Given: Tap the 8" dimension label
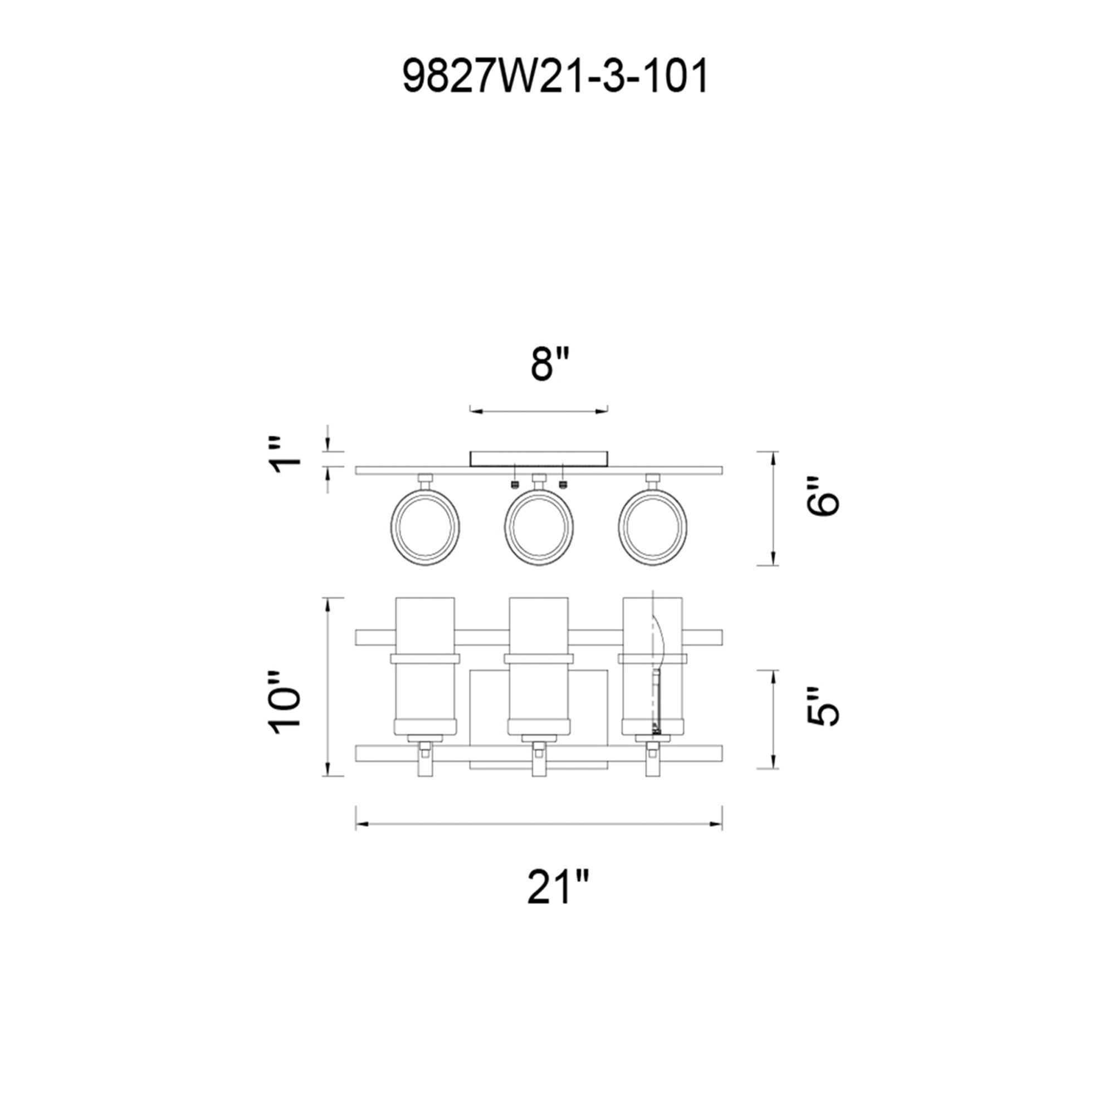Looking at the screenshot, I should pos(550,365).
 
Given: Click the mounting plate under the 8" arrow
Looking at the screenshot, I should pos(539,459).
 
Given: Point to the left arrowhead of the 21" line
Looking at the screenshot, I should pos(359,825).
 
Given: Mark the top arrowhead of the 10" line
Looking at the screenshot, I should pos(328,603).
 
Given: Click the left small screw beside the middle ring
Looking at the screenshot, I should pos(515,485).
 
